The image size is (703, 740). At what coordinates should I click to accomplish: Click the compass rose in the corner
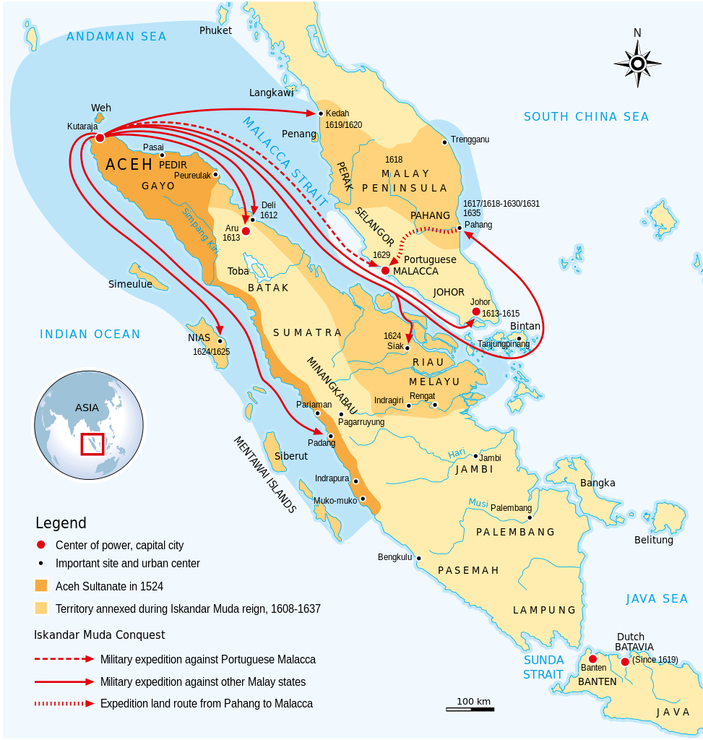pyautogui.click(x=637, y=63)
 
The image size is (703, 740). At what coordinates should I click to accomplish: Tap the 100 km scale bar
pyautogui.click(x=470, y=709)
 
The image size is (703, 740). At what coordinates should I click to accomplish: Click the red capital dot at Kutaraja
pyautogui.click(x=100, y=137)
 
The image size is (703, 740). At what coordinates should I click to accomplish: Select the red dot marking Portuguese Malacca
pyautogui.click(x=385, y=270)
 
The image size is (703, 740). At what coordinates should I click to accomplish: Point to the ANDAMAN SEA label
pyautogui.click(x=116, y=37)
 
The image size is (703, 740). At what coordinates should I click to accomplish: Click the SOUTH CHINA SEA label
pyautogui.click(x=586, y=116)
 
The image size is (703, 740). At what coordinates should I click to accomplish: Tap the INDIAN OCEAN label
pyautogui.click(x=90, y=334)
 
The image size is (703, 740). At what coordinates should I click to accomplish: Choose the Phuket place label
pyautogui.click(x=215, y=30)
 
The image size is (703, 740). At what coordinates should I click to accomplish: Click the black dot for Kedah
pyautogui.click(x=321, y=113)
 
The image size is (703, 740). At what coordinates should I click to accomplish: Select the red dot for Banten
pyautogui.click(x=592, y=659)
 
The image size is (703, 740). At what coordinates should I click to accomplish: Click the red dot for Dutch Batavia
pyautogui.click(x=625, y=661)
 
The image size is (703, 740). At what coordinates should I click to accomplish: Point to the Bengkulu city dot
pyautogui.click(x=418, y=558)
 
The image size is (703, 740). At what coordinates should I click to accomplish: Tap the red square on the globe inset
pyautogui.click(x=92, y=444)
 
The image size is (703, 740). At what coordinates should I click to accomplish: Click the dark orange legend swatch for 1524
pyautogui.click(x=41, y=586)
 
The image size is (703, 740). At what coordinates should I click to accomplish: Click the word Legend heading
pyautogui.click(x=61, y=523)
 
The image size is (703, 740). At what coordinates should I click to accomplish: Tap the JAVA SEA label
pyautogui.click(x=657, y=598)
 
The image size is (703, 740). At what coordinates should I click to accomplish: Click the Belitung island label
pyautogui.click(x=653, y=540)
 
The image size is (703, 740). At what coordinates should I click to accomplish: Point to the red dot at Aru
pyautogui.click(x=246, y=231)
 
